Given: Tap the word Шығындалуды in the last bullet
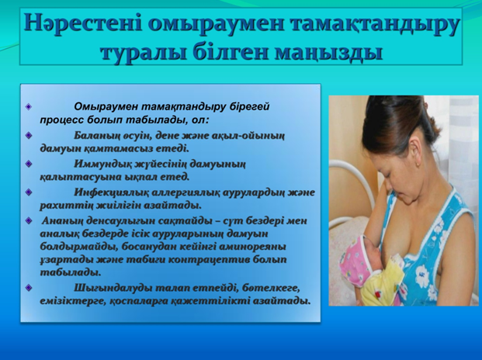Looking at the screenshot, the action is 113,289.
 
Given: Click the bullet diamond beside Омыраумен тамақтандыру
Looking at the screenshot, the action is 29,107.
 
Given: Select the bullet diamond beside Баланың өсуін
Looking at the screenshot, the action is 29,136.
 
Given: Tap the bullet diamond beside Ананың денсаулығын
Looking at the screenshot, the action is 29,221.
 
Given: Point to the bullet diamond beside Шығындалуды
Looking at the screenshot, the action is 29,288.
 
